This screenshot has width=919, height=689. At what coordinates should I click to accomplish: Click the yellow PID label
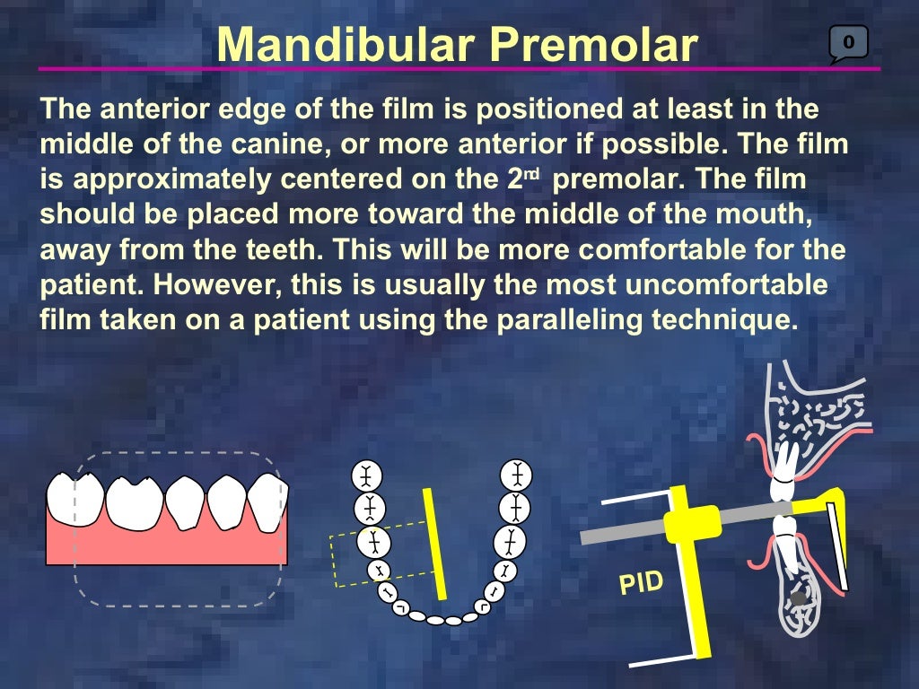(x=641, y=583)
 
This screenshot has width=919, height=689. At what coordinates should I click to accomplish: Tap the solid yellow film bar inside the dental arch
(x=436, y=544)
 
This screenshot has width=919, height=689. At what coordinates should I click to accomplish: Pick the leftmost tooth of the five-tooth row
(x=74, y=498)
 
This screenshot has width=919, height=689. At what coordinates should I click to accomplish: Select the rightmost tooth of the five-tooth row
(x=267, y=501)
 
